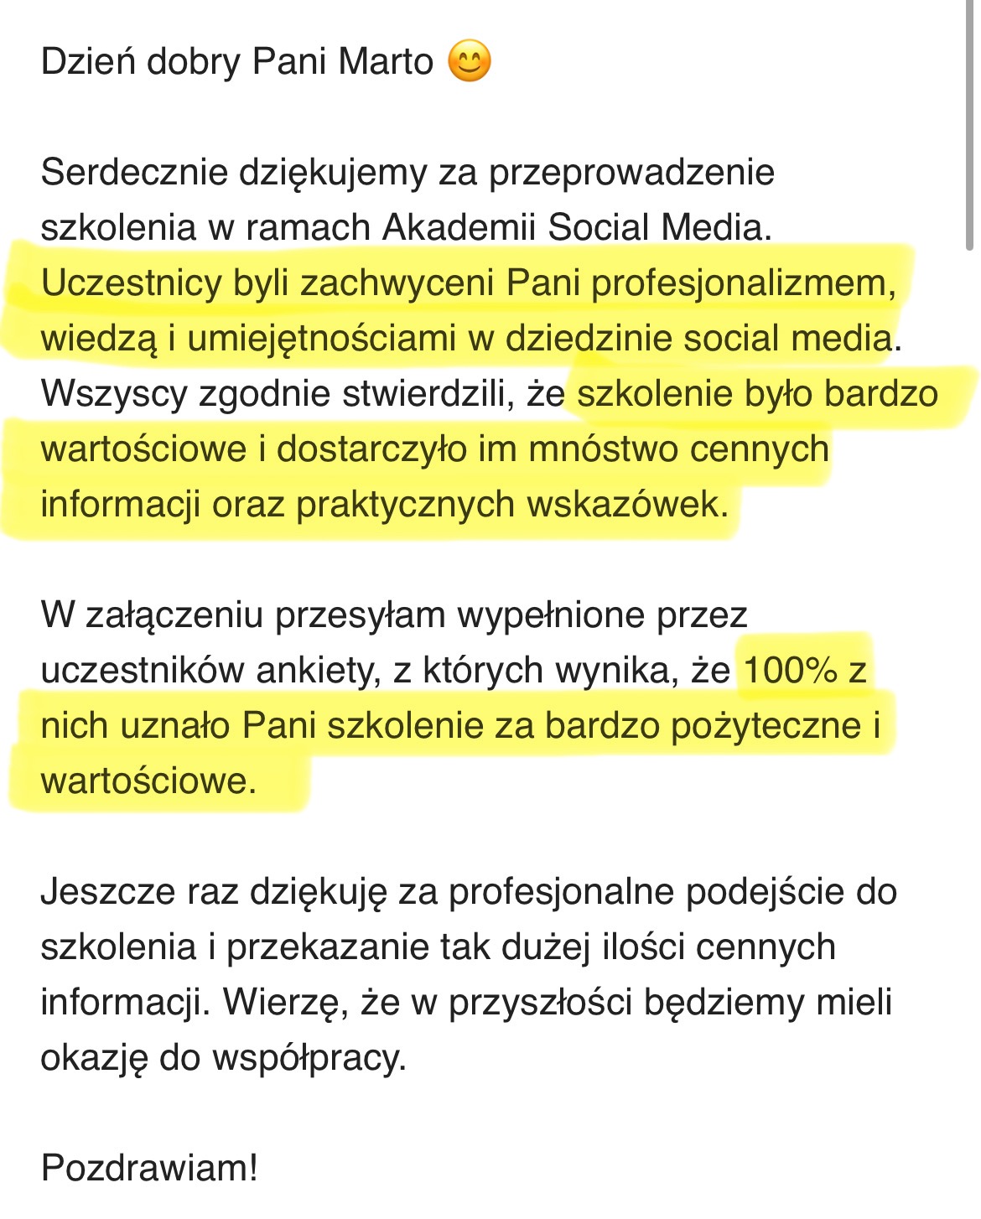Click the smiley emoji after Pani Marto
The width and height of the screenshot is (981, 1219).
pyautogui.click(x=470, y=62)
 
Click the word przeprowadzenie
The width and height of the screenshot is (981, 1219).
pyautogui.click(x=631, y=173)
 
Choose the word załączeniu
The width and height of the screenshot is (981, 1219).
pyautogui.click(x=175, y=615)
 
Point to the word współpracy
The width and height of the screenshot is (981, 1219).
pyautogui.click(x=309, y=1058)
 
